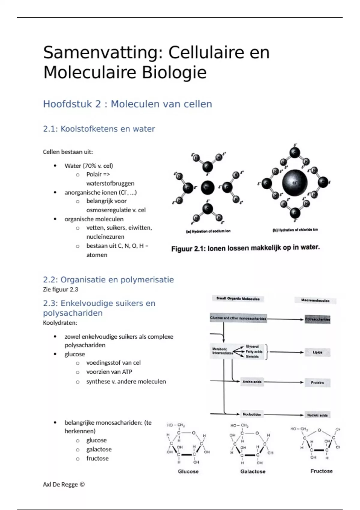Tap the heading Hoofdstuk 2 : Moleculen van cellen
[127, 104]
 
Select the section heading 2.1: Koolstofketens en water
[99, 129]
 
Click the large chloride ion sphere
[295, 183]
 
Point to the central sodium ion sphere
[207, 188]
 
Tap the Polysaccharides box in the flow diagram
[317, 319]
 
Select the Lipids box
[317, 352]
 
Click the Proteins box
[317, 383]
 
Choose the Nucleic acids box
[317, 415]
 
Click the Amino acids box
[252, 382]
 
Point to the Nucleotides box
[252, 414]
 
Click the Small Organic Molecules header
[238, 298]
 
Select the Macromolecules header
[315, 300]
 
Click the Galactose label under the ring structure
[253, 471]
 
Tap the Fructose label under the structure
[321, 471]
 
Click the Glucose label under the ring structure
[188, 471]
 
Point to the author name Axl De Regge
[64, 484]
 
